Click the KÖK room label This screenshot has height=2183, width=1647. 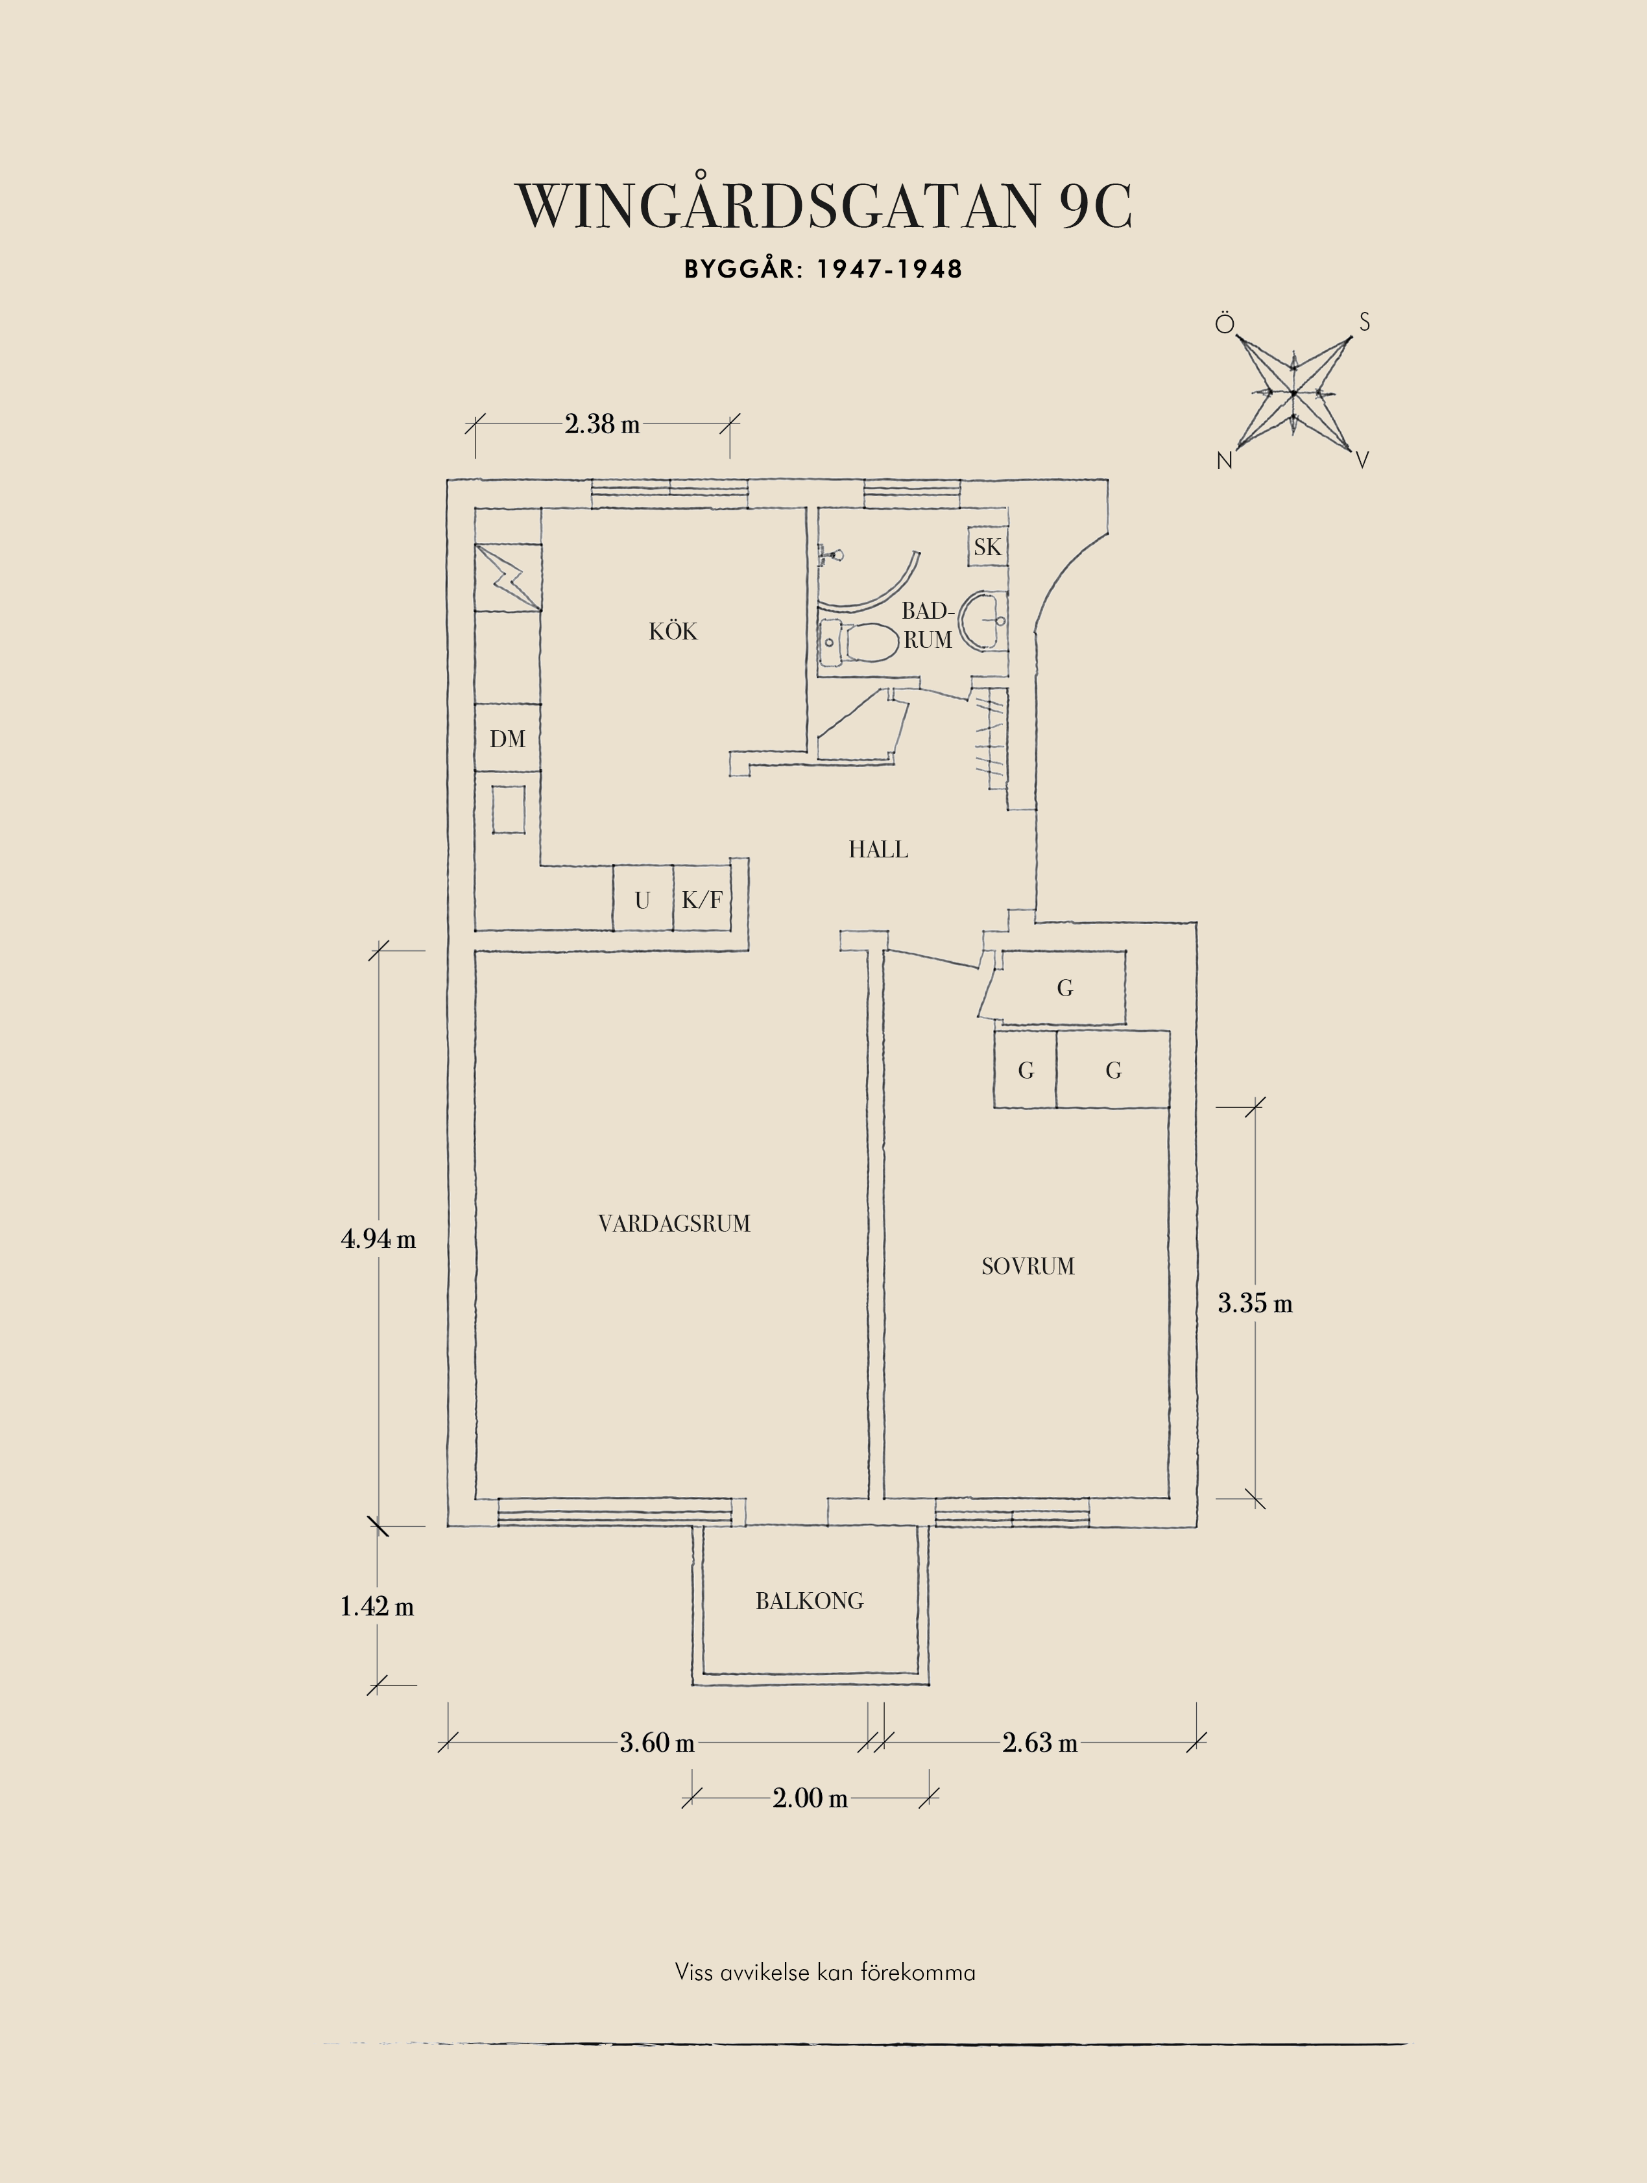[x=673, y=630]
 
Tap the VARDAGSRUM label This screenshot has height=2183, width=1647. [x=674, y=1224]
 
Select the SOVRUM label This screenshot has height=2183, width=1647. [x=1028, y=1266]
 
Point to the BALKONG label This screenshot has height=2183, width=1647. [x=809, y=1601]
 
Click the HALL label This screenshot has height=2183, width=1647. [x=878, y=850]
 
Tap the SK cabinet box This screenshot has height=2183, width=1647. [x=987, y=547]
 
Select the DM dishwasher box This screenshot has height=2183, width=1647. [x=507, y=738]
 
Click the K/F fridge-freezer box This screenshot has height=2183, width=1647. [x=703, y=899]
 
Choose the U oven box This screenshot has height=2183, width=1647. [x=642, y=899]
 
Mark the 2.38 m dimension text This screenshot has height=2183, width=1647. [x=602, y=424]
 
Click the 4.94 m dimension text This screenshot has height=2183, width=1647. [x=378, y=1239]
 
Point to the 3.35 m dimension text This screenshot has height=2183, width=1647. [x=1255, y=1303]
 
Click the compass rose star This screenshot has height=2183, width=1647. [x=1293, y=393]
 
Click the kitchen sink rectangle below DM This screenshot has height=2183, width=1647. [x=508, y=809]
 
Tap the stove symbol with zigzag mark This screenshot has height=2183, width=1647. [x=507, y=577]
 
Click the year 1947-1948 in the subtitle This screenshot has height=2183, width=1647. [x=889, y=269]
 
